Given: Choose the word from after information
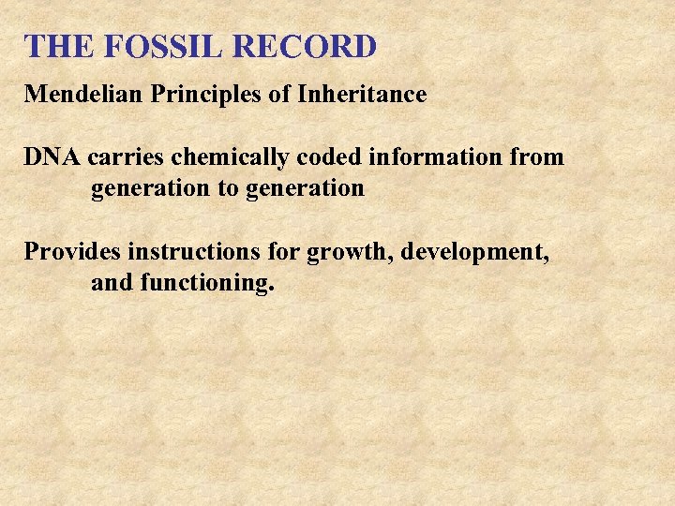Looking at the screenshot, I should (x=537, y=157).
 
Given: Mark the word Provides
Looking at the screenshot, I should (x=72, y=252).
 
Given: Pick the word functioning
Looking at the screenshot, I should (x=207, y=284).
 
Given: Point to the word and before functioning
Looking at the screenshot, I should (x=112, y=283).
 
